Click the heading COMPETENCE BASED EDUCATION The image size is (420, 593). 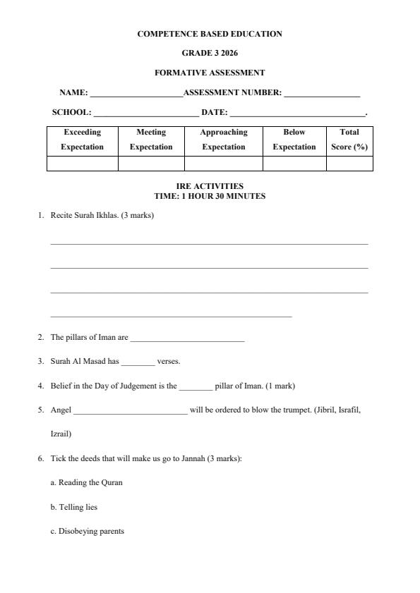210,34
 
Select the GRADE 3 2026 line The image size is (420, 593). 210,53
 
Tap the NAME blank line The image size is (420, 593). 136,93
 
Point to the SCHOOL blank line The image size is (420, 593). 146,113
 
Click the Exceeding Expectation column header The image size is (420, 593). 82,140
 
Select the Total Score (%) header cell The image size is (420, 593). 349,140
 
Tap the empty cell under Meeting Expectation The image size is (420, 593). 151,164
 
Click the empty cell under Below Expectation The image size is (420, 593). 294,164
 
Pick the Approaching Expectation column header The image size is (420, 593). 224,140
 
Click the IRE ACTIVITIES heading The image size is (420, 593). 210,187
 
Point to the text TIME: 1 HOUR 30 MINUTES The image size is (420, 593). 210,196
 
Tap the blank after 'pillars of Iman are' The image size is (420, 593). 187,338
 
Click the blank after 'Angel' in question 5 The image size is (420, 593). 131,410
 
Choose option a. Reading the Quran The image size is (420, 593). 86,483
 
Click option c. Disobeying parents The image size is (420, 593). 87,531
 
